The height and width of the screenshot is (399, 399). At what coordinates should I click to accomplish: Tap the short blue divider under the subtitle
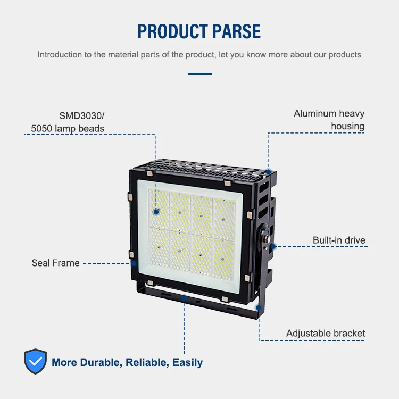199,74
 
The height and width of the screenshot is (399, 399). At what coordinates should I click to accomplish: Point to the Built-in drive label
339,240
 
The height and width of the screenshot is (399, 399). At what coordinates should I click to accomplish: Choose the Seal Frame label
55,263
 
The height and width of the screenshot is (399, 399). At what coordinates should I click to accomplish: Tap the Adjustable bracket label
326,334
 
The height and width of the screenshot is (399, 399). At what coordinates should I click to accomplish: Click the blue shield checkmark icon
36,362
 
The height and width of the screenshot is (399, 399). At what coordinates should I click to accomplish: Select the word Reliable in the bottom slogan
146,363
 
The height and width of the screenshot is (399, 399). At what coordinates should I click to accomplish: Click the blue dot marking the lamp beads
156,211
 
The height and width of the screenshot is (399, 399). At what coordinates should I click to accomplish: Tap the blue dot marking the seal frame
134,263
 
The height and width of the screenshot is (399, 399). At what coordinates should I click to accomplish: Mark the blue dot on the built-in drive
272,246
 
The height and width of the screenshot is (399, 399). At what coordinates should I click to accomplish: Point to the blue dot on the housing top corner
269,172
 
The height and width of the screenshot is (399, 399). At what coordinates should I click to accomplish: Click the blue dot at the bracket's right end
259,307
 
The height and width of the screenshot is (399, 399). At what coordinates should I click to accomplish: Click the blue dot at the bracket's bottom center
184,298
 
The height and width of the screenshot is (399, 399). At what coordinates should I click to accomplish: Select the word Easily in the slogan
187,363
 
